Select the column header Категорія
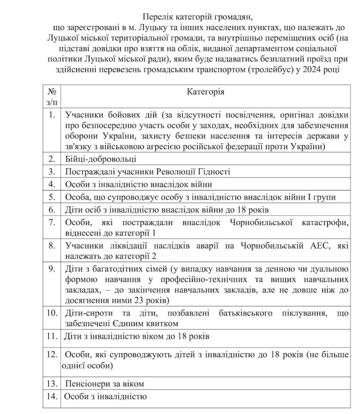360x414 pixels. (x=205, y=91)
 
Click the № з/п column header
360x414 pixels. (x=52, y=96)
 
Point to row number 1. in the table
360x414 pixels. (x=52, y=115)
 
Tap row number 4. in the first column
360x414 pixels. (x=52, y=184)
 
